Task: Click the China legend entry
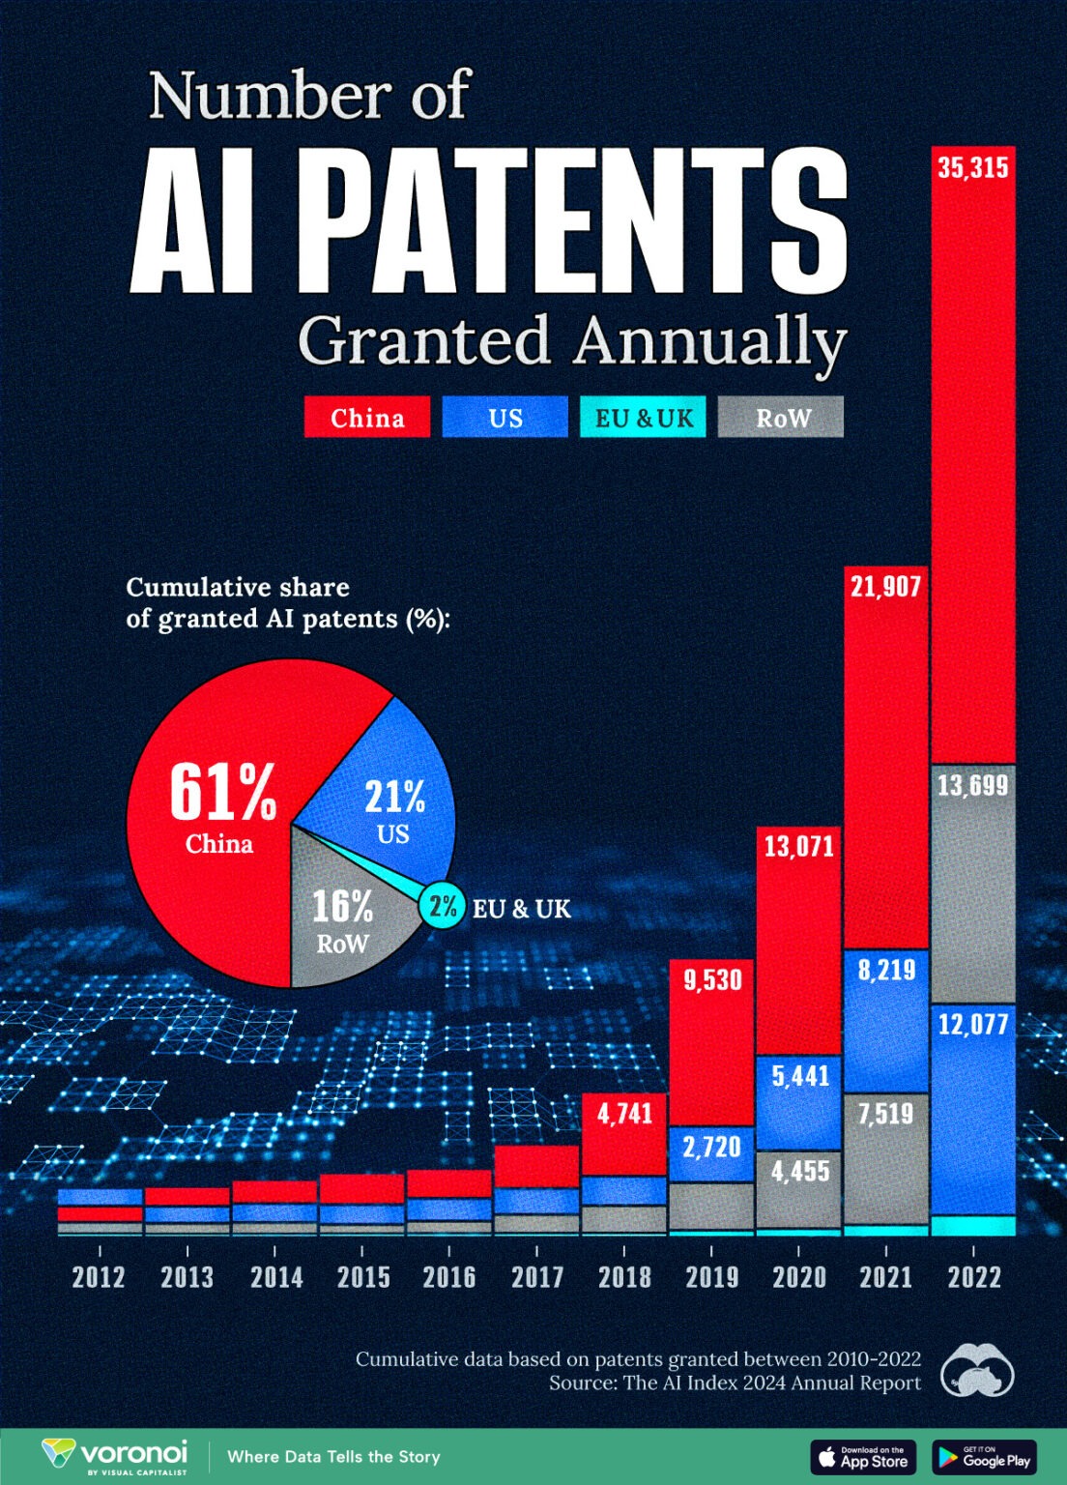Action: click(x=367, y=418)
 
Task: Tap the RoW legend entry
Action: click(x=781, y=418)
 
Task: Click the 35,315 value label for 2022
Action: click(x=972, y=168)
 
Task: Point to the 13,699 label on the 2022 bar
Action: click(x=972, y=785)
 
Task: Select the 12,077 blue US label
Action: click(x=972, y=1024)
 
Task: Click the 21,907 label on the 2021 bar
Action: click(x=885, y=586)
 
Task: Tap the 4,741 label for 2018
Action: click(x=624, y=1114)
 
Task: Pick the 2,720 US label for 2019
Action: click(x=711, y=1148)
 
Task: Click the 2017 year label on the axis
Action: click(x=537, y=1277)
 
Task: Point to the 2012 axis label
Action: click(x=99, y=1277)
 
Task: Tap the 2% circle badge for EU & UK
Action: click(x=443, y=907)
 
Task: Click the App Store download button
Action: click(x=863, y=1457)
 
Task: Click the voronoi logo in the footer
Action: click(x=116, y=1456)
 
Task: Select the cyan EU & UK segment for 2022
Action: click(x=972, y=1226)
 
